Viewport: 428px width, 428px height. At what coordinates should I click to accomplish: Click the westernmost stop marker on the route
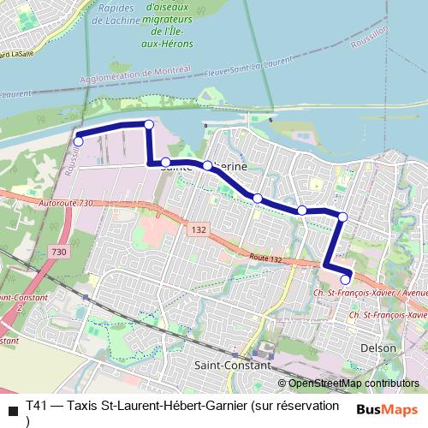[x=78, y=141]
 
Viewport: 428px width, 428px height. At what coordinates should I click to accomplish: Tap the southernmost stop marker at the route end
[x=346, y=279]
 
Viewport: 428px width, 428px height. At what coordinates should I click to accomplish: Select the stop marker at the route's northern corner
[x=149, y=125]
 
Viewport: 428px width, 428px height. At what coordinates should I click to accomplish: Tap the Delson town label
[x=378, y=348]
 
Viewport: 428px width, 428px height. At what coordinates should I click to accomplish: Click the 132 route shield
[x=199, y=230]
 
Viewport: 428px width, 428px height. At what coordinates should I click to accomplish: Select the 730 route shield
[x=58, y=252]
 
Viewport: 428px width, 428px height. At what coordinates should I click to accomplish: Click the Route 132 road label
[x=266, y=258]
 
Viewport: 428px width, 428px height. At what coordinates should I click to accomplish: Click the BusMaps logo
[x=387, y=408]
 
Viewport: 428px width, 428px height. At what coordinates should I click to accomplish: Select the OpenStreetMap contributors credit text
[x=353, y=383]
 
